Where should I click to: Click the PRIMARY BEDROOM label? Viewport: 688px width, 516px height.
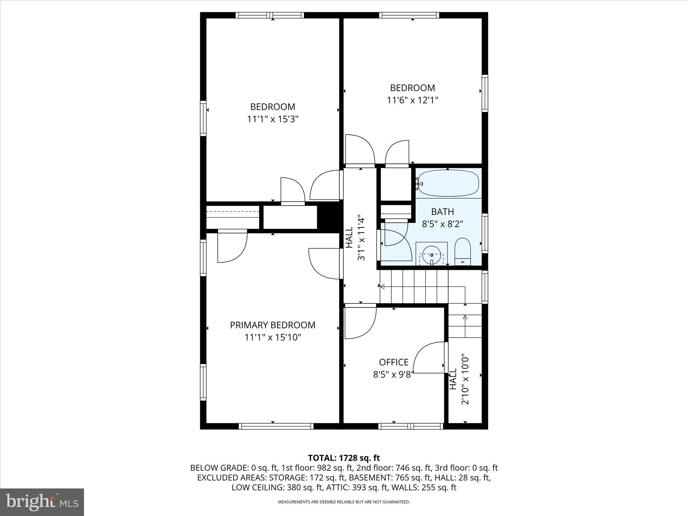pos(272,325)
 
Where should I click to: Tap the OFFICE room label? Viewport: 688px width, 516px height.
pos(394,362)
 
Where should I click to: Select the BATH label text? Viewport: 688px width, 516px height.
pos(442,212)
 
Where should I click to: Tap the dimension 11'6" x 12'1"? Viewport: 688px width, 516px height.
pos(413,100)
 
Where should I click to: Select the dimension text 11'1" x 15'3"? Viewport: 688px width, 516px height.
pos(273,119)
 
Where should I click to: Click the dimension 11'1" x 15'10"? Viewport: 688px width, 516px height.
pos(272,337)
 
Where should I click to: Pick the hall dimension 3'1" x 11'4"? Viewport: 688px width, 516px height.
pos(361,238)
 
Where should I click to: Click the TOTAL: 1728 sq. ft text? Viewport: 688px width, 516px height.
pos(344,458)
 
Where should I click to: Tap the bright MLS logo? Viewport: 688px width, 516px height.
pos(42,502)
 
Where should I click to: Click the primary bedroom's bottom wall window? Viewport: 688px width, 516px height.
pos(276,426)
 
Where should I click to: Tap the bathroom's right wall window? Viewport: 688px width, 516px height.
pos(485,233)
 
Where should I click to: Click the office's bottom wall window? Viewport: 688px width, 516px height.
pos(411,426)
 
